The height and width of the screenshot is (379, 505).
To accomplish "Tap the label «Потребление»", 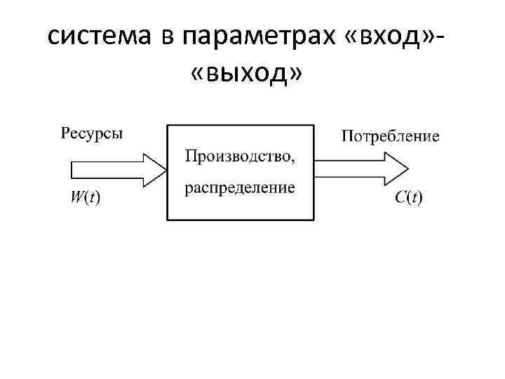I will [391, 136].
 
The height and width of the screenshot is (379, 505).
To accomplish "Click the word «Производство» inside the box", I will [237, 154].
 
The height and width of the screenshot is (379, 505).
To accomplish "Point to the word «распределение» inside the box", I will [240, 188].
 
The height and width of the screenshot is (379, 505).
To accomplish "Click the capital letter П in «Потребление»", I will [347, 136].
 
